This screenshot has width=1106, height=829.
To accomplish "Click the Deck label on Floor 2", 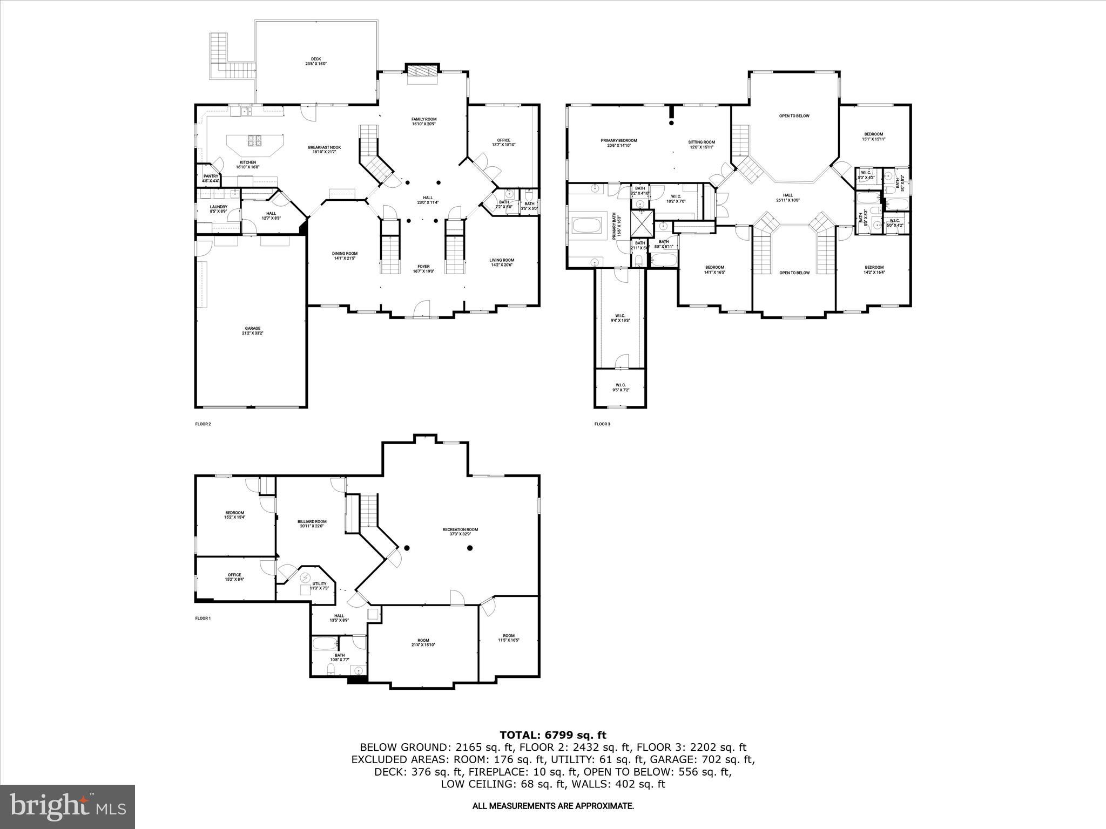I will pyautogui.click(x=316, y=62).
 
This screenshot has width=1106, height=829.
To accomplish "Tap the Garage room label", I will pyautogui.click(x=253, y=331).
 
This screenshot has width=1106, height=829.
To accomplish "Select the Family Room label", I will pyautogui.click(x=424, y=121).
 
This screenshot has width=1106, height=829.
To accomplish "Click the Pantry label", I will pyautogui.click(x=211, y=178).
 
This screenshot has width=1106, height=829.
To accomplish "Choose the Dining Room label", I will pyautogui.click(x=345, y=256).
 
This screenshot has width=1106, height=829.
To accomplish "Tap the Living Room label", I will pyautogui.click(x=502, y=262).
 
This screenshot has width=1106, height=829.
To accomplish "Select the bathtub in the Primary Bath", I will pyautogui.click(x=588, y=225).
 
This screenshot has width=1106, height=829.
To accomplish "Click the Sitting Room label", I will pyautogui.click(x=702, y=145).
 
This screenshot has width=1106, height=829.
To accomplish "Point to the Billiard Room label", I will pyautogui.click(x=312, y=524).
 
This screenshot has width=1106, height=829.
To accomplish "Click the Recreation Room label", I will pyautogui.click(x=460, y=532).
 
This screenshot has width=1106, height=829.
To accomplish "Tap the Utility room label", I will pyautogui.click(x=319, y=586).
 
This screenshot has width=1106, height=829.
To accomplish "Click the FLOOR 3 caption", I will pyautogui.click(x=602, y=424).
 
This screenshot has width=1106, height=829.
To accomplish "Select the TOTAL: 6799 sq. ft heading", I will pyautogui.click(x=552, y=735).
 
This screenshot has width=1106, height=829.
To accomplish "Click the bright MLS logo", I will pyautogui.click(x=68, y=806).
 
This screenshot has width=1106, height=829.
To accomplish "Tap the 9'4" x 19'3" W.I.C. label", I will pyautogui.click(x=620, y=318).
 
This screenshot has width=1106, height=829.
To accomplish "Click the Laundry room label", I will pyautogui.click(x=218, y=209).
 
